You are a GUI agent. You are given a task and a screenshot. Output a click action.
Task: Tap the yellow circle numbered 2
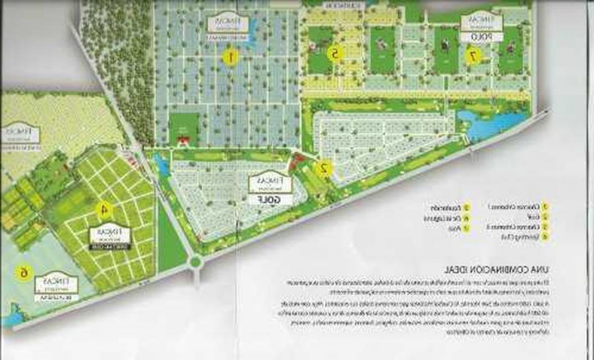tap(324, 169)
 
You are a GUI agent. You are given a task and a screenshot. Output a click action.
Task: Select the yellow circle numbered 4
tap(104, 210)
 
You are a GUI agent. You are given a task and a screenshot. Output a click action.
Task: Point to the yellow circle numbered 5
tap(335, 53)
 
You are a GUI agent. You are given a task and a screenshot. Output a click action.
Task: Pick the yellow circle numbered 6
tap(22, 272)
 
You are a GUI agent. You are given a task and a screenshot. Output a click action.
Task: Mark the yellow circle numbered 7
tap(473, 56)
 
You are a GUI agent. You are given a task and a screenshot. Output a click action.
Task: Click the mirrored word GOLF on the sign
tap(271, 199)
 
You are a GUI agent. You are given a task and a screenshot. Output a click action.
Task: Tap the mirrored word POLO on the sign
tap(482, 37)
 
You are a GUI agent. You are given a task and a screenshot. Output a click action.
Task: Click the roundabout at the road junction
tap(196, 261)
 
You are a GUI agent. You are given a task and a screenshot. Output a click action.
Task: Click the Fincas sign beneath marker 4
tap(110, 237)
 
